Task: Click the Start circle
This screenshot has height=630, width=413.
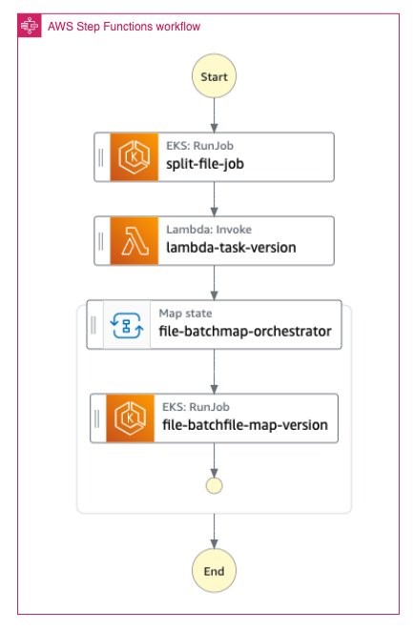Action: click(214, 76)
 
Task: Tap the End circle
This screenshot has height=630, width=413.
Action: click(214, 571)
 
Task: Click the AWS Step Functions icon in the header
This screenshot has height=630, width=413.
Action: click(30, 26)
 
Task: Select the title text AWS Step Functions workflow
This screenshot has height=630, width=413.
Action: click(124, 27)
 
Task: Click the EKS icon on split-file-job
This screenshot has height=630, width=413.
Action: click(134, 156)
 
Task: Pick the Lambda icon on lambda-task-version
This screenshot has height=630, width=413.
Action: click(134, 241)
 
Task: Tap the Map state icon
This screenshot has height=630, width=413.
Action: click(127, 325)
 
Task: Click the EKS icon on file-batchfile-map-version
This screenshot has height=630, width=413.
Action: click(131, 418)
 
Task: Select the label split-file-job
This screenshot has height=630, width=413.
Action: click(205, 164)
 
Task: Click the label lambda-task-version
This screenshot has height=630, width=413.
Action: click(231, 248)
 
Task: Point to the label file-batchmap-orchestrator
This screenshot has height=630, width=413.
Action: click(245, 332)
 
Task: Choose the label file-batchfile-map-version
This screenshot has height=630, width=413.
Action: click(245, 425)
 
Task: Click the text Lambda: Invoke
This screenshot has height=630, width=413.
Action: click(209, 230)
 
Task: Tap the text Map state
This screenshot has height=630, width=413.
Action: click(185, 314)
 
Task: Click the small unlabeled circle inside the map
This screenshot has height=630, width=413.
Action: click(214, 486)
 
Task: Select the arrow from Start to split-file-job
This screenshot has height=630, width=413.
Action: click(214, 115)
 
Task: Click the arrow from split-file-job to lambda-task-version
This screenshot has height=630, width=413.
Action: click(214, 199)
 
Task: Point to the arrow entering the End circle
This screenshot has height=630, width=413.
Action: click(214, 531)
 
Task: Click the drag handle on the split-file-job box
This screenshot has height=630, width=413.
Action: click(101, 157)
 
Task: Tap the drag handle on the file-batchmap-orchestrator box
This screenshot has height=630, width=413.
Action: click(93, 325)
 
